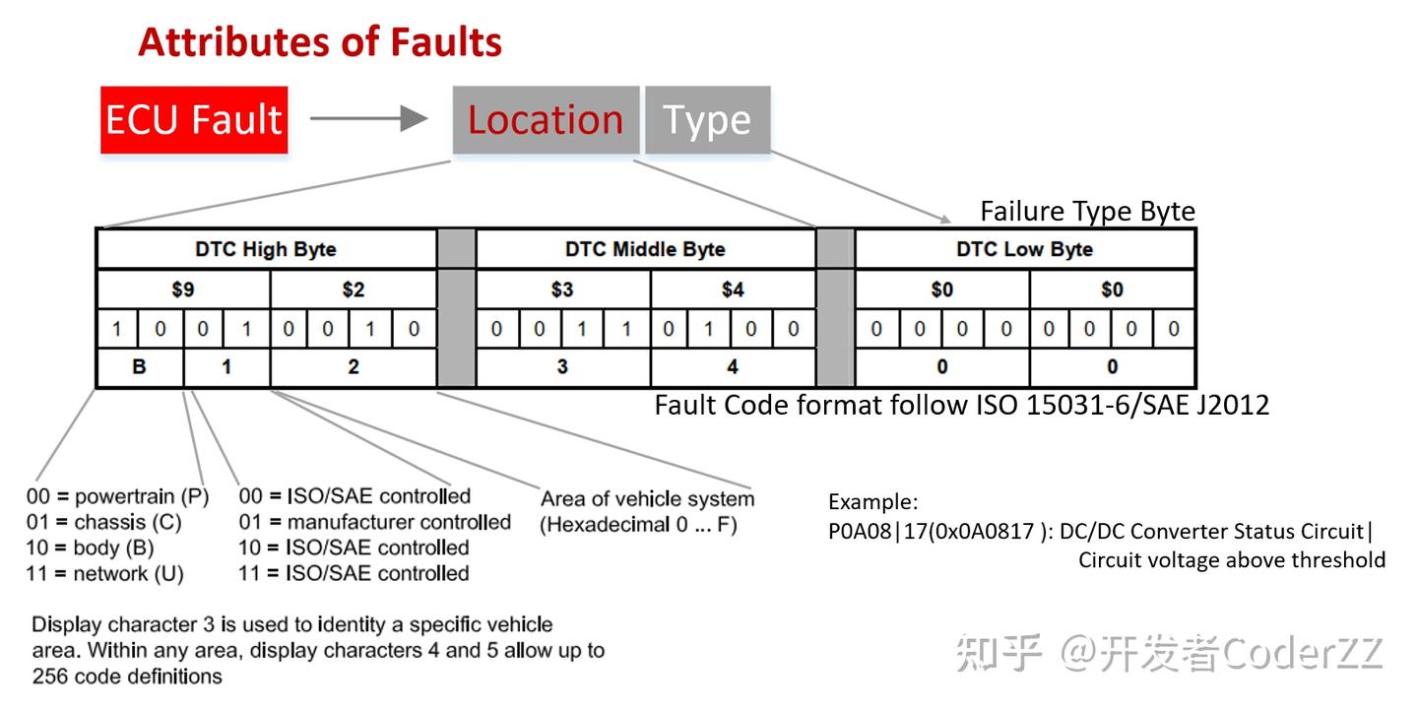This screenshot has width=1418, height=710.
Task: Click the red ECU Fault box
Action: click(194, 119)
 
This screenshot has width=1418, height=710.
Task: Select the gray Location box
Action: click(546, 119)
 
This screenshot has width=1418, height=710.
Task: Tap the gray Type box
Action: click(707, 119)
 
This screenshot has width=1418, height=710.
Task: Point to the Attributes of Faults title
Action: click(320, 42)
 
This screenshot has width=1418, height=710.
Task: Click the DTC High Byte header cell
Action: click(266, 249)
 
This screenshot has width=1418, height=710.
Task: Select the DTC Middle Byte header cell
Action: click(645, 249)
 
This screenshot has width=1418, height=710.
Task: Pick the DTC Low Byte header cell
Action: click(1024, 249)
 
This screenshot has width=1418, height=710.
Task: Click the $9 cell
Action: click(183, 290)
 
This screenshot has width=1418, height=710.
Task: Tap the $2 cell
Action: click(353, 290)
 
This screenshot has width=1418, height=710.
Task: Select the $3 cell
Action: click(562, 290)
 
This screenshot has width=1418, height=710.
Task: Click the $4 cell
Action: click(733, 290)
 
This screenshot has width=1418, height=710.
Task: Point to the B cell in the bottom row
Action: click(140, 367)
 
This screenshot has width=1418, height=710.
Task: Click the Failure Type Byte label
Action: click(1087, 212)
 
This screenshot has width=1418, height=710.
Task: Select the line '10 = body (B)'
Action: click(90, 548)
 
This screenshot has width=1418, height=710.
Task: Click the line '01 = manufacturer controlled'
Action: click(374, 522)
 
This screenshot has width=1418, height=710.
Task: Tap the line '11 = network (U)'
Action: click(104, 573)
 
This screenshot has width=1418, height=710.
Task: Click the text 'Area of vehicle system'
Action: click(647, 498)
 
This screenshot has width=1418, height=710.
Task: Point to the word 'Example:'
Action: click(872, 501)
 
